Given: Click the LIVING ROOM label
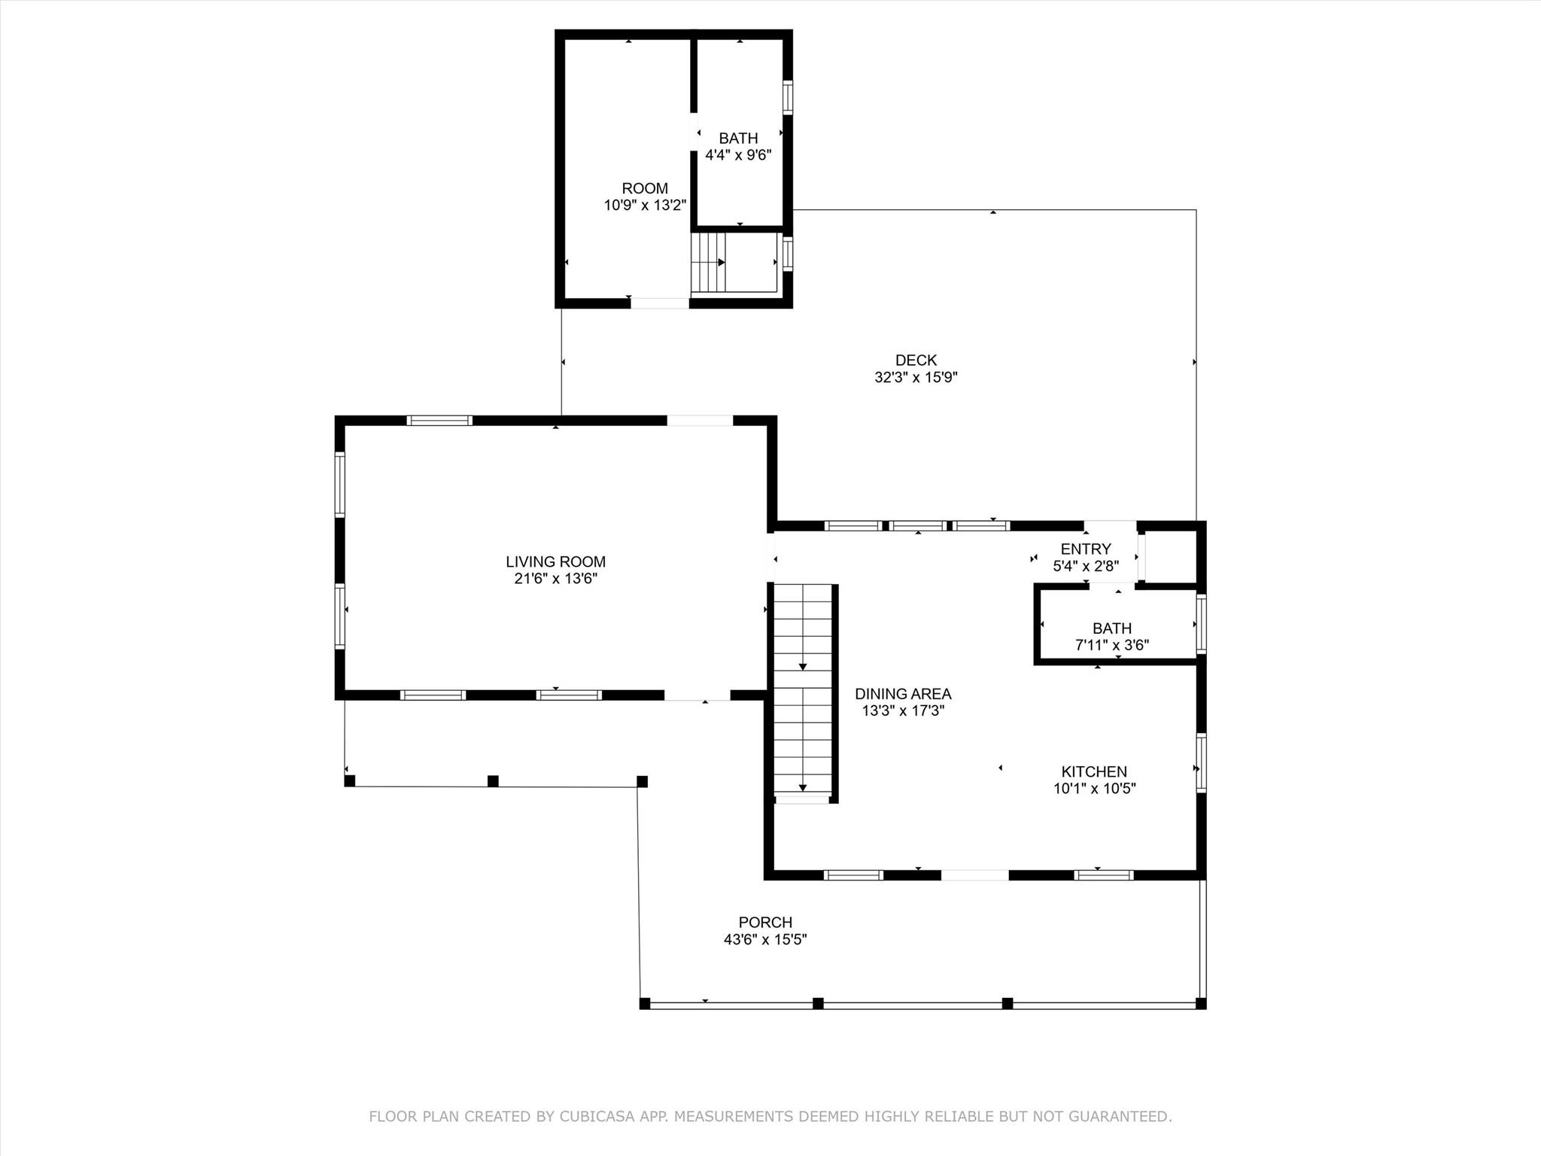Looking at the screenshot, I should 555,561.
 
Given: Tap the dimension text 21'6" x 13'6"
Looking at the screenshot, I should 555,579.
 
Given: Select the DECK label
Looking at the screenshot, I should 916,360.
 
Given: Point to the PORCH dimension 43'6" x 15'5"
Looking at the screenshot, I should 765,939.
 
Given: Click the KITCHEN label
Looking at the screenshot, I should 1094,771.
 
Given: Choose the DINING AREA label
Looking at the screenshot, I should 903,694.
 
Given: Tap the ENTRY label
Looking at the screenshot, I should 1086,549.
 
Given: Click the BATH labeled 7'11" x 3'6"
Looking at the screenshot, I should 1112,628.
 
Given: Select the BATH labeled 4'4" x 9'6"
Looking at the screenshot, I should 738,138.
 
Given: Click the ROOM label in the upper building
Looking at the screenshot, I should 645,188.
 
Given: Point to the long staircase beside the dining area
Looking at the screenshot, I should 803,689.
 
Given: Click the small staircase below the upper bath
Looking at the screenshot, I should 709,263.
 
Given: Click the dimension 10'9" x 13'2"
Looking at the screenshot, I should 645,205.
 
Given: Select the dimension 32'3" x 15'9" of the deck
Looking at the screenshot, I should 916,378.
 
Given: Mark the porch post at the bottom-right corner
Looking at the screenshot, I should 1201,1003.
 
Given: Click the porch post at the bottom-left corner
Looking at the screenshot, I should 645,1003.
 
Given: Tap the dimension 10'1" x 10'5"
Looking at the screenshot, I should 1094,789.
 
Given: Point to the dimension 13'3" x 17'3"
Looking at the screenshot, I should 903,711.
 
